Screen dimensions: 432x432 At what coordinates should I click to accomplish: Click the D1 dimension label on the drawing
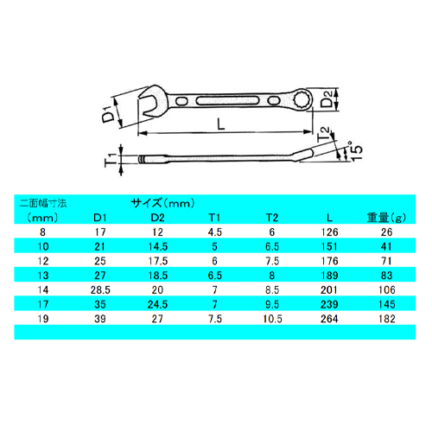pyautogui.click(x=108, y=114)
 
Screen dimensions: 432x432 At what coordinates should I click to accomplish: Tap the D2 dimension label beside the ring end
pyautogui.click(x=327, y=98)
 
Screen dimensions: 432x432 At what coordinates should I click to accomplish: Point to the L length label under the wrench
pyautogui.click(x=221, y=124)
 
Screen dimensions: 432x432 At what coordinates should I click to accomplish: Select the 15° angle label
pyautogui.click(x=356, y=151)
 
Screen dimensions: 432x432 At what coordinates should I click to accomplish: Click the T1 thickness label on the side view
pyautogui.click(x=111, y=160)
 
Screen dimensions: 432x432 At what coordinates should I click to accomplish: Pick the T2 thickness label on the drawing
pyautogui.click(x=323, y=134)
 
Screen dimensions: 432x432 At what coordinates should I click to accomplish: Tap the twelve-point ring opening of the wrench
pyautogui.click(x=302, y=99)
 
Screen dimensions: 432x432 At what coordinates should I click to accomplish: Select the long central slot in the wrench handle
pyautogui.click(x=227, y=101)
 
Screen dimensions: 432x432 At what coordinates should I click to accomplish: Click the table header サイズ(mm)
pyautogui.click(x=163, y=203)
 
